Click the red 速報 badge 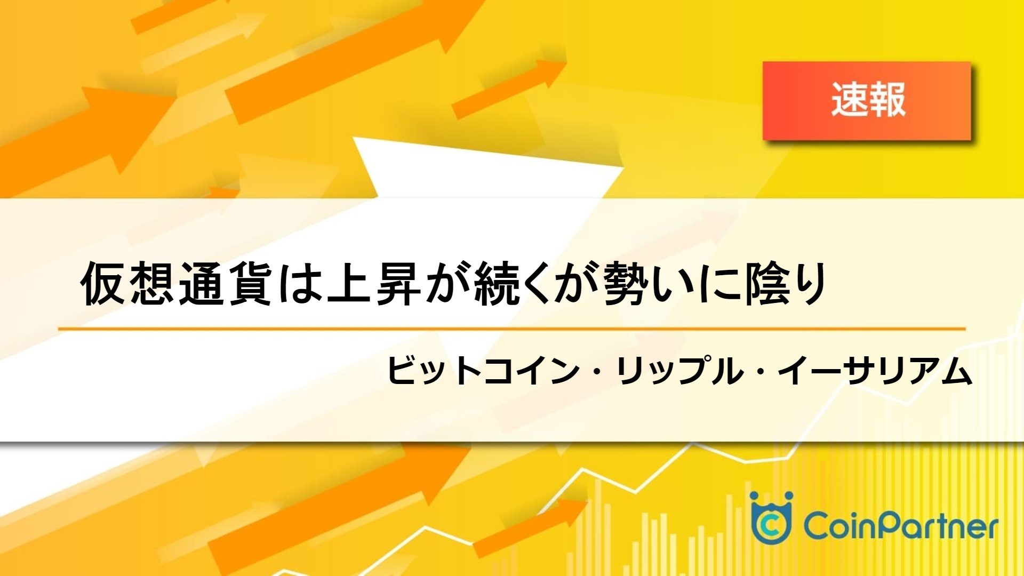[x=867, y=101]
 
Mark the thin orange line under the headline [x=512, y=329]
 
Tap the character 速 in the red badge [x=849, y=100]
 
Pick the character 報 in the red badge [x=887, y=100]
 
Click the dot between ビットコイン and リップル [x=598, y=371]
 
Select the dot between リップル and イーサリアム [x=761, y=371]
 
